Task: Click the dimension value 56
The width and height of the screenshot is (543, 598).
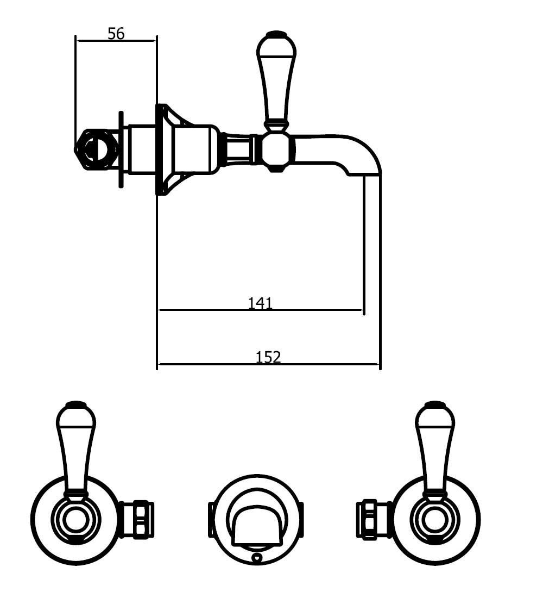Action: [x=116, y=34]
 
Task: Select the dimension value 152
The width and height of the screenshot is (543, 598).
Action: [x=268, y=357]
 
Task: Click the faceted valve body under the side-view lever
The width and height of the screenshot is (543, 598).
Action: [x=279, y=150]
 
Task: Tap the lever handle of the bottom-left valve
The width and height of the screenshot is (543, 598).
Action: [x=76, y=450]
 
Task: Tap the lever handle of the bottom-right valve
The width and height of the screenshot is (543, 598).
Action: [x=435, y=450]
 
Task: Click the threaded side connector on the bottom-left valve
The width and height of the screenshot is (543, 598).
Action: [x=137, y=519]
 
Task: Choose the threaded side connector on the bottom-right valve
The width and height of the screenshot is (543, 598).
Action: [x=374, y=519]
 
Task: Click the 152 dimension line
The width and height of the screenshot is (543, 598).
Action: [x=268, y=364]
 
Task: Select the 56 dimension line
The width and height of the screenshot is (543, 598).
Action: [x=116, y=40]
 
